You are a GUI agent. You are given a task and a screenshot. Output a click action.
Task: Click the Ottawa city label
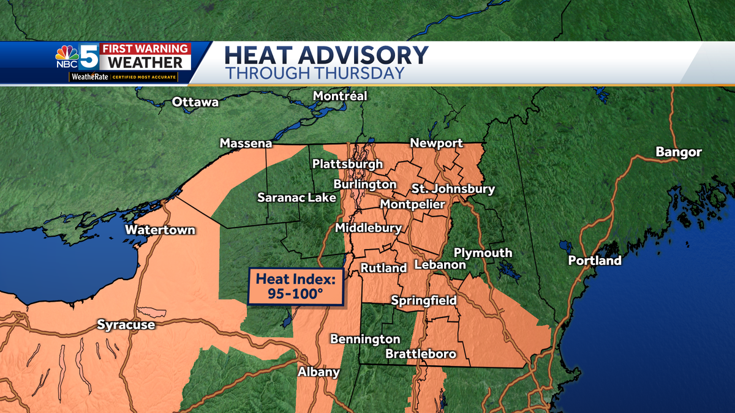tap(195, 102)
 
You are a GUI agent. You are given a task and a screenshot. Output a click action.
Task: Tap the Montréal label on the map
tap(340, 96)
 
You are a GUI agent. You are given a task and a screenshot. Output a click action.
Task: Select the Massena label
tap(246, 144)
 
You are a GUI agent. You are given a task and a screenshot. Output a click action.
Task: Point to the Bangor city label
tap(679, 152)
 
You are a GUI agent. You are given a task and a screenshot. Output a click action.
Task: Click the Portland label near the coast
tap(595, 261)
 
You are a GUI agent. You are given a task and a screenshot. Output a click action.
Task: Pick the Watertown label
tap(160, 230)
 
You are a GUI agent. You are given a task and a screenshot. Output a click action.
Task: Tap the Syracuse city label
tap(126, 325)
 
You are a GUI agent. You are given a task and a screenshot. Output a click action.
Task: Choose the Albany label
tap(318, 372)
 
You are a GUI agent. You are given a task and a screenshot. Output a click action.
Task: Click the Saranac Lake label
tap(296, 197)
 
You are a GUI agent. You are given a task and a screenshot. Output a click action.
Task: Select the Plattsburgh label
tap(347, 164)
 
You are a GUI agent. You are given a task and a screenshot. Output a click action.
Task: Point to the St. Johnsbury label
tap(453, 188)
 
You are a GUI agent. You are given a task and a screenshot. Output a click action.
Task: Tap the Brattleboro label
tap(421, 354)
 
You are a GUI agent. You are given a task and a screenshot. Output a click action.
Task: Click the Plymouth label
tap(483, 253)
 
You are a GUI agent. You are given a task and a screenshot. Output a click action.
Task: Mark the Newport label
tap(436, 143)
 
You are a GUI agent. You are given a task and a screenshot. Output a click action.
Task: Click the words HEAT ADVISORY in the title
tap(326, 55)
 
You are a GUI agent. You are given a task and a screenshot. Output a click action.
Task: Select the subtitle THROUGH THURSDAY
tap(315, 73)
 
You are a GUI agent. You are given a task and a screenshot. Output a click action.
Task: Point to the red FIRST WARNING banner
tap(145, 48)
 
